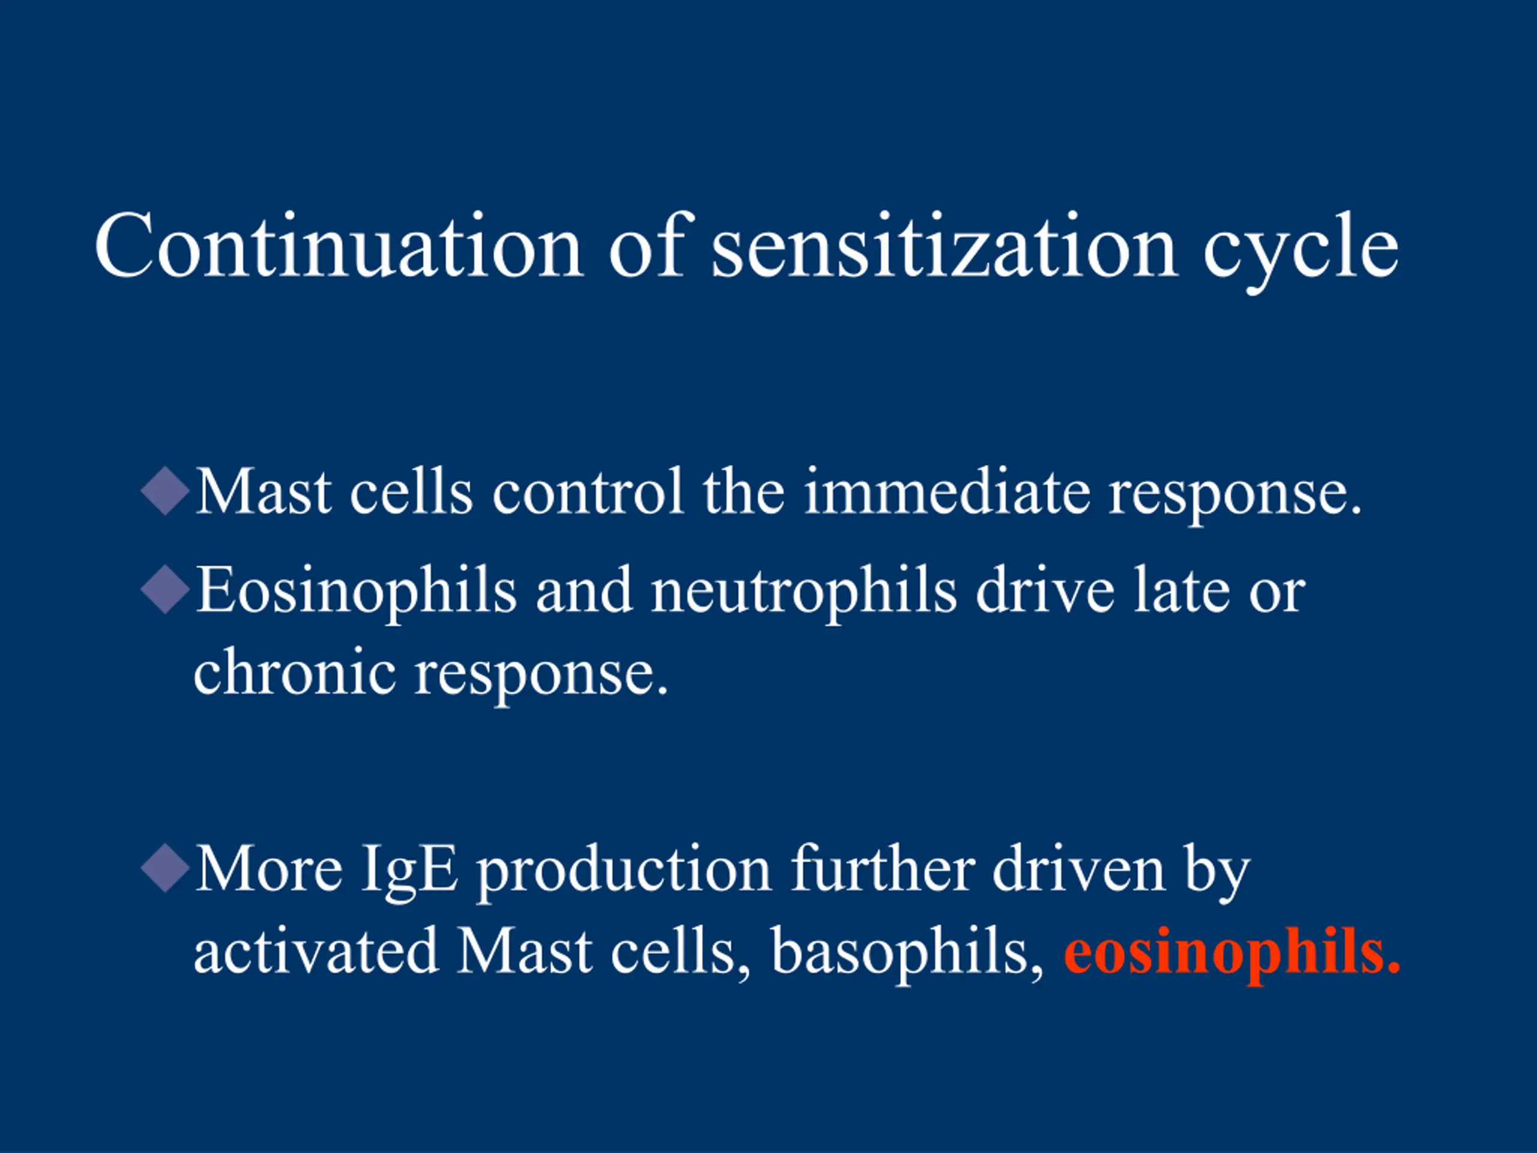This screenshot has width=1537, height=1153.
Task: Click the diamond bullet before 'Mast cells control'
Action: (165, 491)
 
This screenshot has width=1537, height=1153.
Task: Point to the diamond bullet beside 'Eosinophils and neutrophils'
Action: (165, 589)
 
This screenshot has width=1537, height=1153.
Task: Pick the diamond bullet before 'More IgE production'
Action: (165, 867)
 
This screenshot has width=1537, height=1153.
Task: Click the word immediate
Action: (947, 492)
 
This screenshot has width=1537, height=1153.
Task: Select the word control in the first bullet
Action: (588, 492)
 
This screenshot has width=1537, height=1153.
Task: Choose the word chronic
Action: (295, 671)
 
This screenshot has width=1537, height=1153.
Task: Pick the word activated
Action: (316, 950)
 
